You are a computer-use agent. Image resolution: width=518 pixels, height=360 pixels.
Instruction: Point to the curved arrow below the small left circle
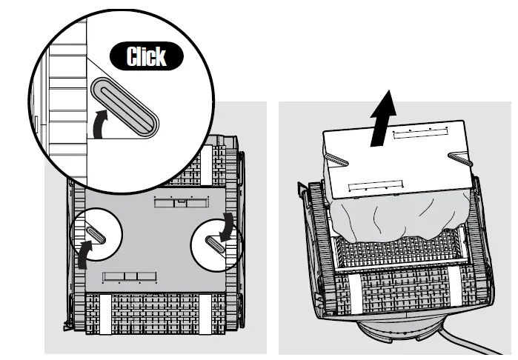[85, 255]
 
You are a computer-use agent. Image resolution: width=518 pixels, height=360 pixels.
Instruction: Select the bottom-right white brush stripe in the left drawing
[206, 315]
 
